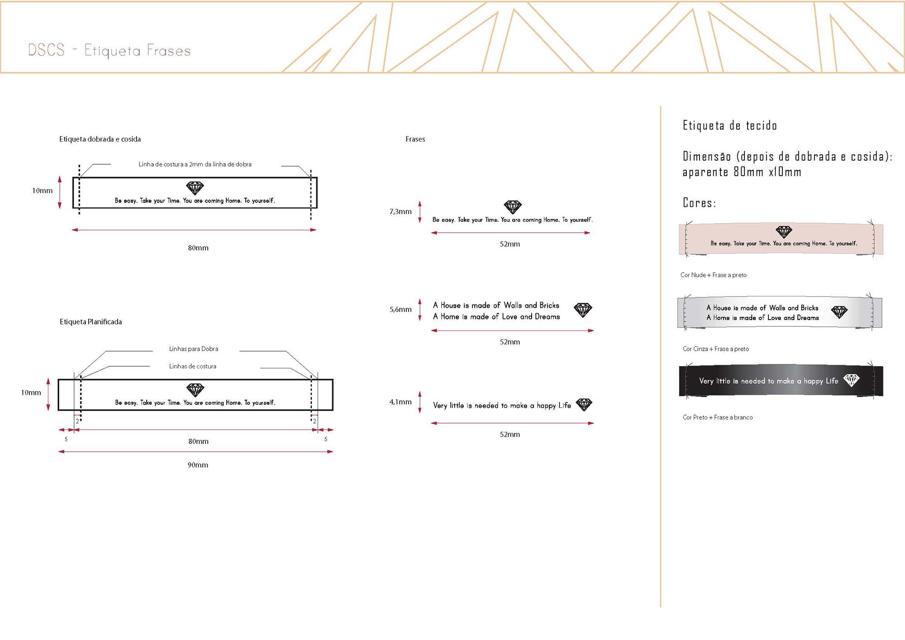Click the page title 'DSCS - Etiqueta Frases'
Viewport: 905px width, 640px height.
[x=109, y=50]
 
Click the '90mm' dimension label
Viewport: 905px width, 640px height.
[x=198, y=465]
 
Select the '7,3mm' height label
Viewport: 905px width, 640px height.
[x=400, y=211]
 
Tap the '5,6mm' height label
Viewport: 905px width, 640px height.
[x=400, y=310]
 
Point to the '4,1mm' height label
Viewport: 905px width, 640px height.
[x=400, y=402]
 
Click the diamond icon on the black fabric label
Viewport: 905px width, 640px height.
[x=851, y=380]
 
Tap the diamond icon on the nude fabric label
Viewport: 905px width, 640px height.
[x=784, y=232]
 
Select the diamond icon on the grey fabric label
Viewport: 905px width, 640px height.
[x=839, y=312]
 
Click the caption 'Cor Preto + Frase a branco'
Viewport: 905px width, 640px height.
[x=718, y=417]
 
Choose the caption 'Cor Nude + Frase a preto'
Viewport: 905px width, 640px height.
[x=714, y=275]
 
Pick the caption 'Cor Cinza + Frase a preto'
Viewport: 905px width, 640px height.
[x=716, y=349]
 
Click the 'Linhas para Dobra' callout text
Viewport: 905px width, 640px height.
[x=194, y=349]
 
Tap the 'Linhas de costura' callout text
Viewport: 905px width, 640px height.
[x=193, y=366]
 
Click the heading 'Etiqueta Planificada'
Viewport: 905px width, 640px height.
[x=90, y=322]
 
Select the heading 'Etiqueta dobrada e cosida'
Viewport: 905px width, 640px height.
[x=100, y=139]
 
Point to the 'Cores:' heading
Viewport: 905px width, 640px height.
[x=700, y=203]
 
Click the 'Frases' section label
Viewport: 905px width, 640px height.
[x=415, y=139]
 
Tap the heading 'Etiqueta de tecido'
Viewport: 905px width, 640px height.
[x=730, y=125]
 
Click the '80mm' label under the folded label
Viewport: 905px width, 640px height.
[x=198, y=248]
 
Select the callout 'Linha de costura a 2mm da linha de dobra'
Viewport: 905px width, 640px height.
[x=195, y=164]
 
